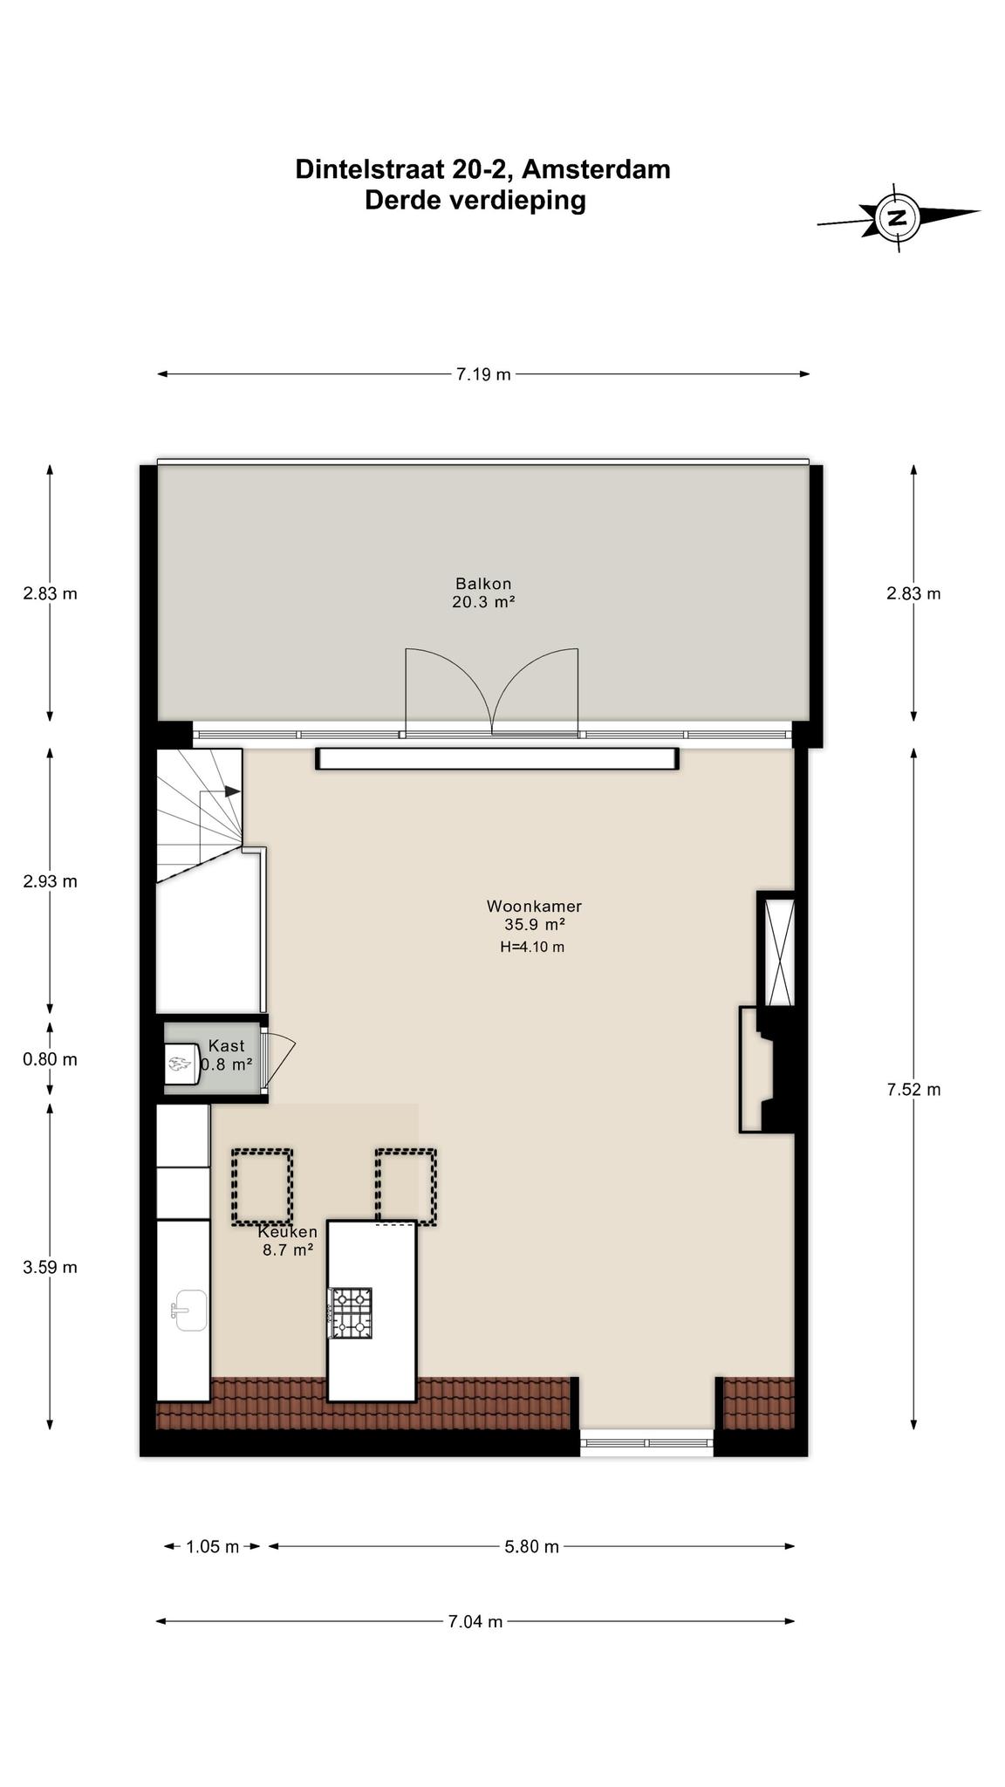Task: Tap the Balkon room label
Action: [x=483, y=592]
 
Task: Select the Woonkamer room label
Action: [x=534, y=914]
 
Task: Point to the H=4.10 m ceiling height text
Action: [x=532, y=947]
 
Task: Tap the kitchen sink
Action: [x=189, y=1310]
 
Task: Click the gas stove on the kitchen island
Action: [x=351, y=1312]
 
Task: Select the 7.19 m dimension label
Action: [x=483, y=374]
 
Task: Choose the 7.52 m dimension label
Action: [x=913, y=1089]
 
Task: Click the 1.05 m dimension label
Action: [x=212, y=1547]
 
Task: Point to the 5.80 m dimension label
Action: [x=531, y=1547]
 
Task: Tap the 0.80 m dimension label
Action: [x=50, y=1059]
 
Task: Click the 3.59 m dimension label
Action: [x=50, y=1267]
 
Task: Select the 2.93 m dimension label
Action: [x=50, y=881]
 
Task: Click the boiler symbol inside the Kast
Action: [x=183, y=1064]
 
